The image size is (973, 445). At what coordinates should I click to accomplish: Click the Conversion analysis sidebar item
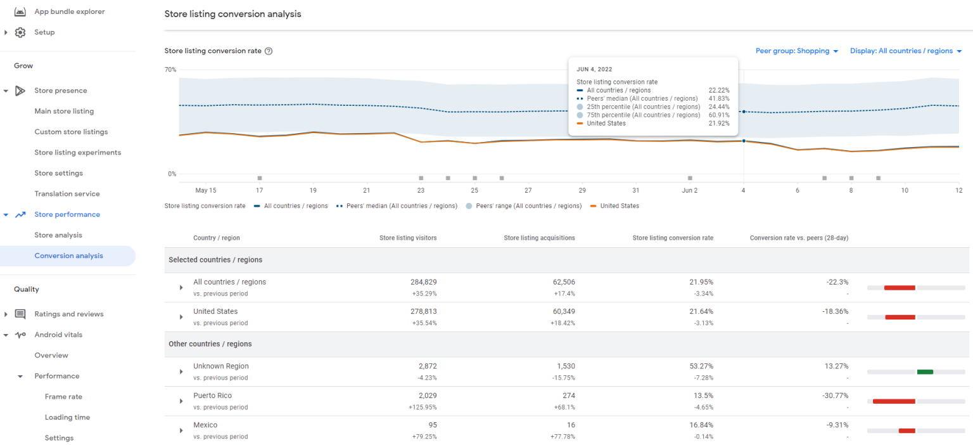[68, 255]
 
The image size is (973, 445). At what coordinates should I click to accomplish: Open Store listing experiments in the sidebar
[77, 152]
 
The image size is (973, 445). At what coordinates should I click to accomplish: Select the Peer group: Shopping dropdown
[796, 51]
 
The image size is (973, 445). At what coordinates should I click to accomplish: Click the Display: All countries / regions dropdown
[905, 51]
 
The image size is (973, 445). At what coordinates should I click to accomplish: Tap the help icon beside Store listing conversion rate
[269, 51]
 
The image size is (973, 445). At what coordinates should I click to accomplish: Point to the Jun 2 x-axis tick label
[689, 190]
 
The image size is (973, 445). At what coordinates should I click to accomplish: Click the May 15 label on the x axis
[205, 190]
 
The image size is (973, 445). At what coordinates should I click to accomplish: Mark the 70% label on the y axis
[170, 70]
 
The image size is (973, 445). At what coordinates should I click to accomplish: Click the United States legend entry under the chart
[619, 206]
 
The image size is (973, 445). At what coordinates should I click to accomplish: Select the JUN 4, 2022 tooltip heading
[594, 69]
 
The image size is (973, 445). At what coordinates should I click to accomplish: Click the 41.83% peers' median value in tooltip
[718, 99]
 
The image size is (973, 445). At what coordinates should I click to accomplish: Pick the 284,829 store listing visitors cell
[423, 282]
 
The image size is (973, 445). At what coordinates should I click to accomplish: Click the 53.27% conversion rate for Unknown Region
[701, 366]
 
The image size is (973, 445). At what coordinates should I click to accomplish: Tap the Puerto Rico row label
[212, 396]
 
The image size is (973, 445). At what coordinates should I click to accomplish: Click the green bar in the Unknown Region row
[925, 372]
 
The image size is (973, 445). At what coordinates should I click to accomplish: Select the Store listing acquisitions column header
[539, 238]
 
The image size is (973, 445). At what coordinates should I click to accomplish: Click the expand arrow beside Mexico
[181, 430]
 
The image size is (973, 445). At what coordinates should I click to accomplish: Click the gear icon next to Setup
[20, 32]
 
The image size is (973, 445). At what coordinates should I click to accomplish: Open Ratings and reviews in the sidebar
[68, 314]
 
